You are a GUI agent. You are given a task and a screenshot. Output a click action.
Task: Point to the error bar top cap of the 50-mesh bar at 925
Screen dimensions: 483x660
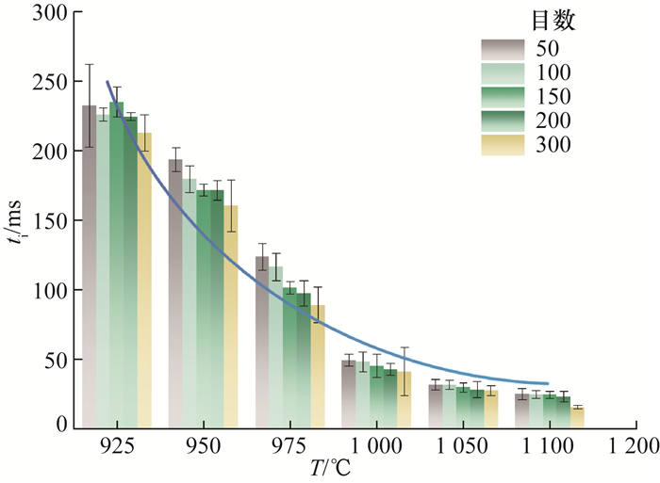tap(89, 64)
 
